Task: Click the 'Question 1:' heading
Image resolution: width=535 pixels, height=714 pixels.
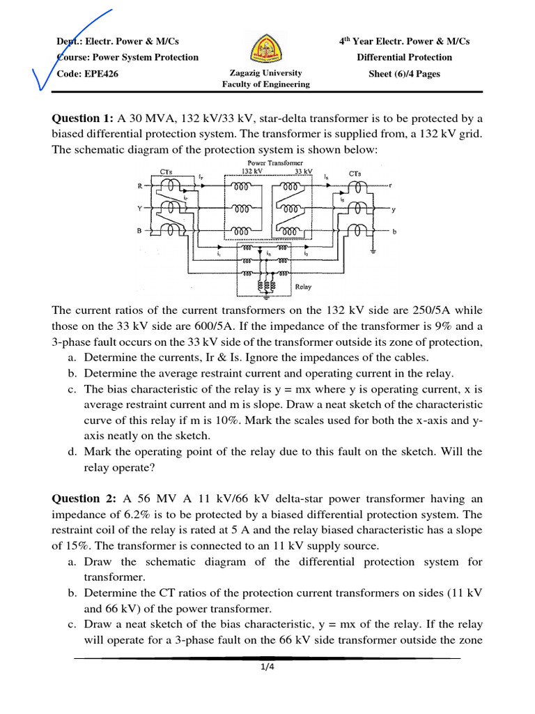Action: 83,118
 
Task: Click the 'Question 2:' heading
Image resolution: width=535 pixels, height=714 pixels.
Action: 83,499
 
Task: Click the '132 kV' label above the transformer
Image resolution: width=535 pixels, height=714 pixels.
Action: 251,170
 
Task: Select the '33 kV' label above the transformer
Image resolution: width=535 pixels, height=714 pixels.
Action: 303,170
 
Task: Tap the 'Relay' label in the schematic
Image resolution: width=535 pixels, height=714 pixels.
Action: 303,286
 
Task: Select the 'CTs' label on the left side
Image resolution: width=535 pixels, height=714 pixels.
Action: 166,171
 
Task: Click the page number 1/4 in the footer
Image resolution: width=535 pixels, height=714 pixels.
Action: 267,667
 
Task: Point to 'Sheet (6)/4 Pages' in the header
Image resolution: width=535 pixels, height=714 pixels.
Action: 404,74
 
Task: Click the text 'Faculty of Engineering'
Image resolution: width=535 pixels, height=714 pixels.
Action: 265,84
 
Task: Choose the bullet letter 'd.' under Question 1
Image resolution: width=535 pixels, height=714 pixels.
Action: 72,452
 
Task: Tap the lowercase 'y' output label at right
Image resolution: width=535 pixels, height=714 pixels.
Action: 394,209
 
